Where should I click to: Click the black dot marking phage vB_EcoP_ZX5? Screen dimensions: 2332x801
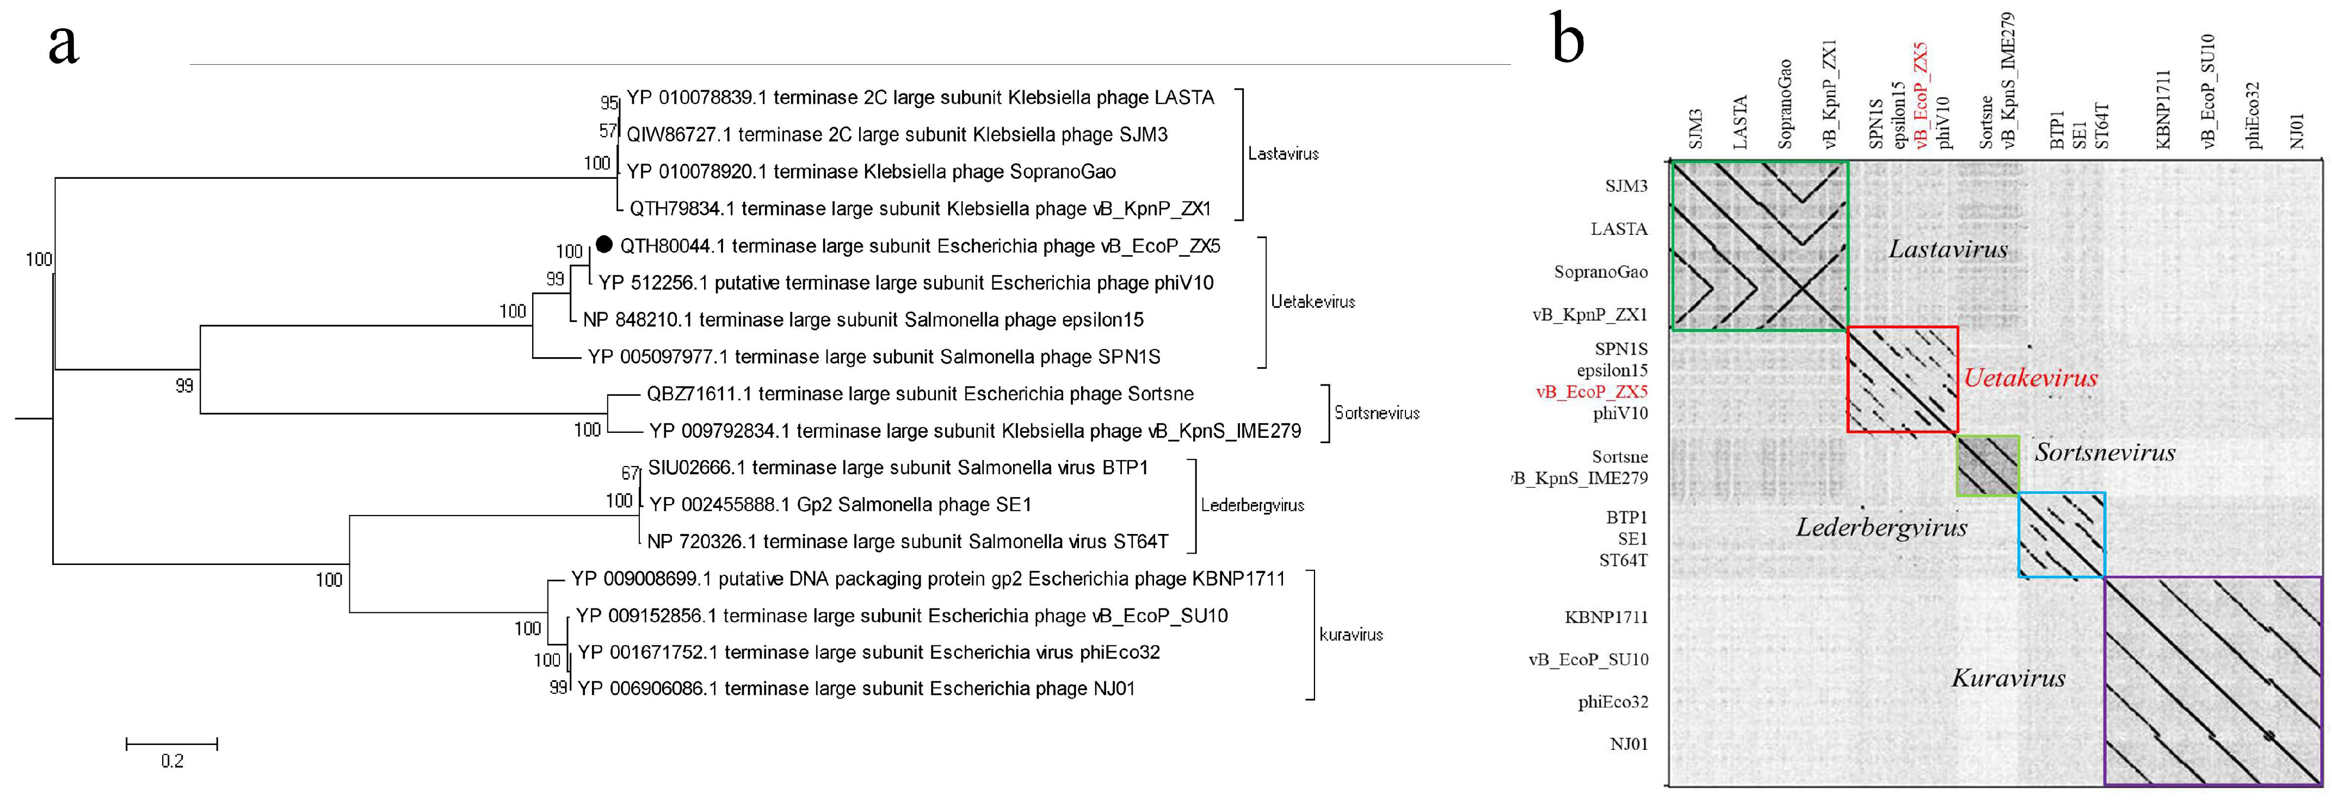coord(604,244)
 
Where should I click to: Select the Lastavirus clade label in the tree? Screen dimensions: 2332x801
coord(1283,154)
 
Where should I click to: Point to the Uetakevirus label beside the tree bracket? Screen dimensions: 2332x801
coord(1313,301)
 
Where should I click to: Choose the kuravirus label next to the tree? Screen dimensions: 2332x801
coord(1350,635)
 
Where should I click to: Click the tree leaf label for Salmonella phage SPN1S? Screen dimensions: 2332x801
coord(874,357)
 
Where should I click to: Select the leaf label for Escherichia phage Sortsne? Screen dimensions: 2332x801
coord(920,394)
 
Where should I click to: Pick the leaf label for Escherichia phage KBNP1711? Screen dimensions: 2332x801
coord(928,579)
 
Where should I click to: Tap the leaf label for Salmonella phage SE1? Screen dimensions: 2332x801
coord(840,504)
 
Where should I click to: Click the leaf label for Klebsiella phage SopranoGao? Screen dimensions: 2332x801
coord(871,171)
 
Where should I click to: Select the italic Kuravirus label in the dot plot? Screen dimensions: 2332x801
coord(2008,678)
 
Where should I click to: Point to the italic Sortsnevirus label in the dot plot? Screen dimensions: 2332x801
coord(2105,452)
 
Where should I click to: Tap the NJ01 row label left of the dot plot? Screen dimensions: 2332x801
coord(1628,744)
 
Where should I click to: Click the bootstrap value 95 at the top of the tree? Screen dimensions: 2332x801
coord(609,102)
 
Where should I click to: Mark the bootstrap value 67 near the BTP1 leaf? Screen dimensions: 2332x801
coord(630,473)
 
